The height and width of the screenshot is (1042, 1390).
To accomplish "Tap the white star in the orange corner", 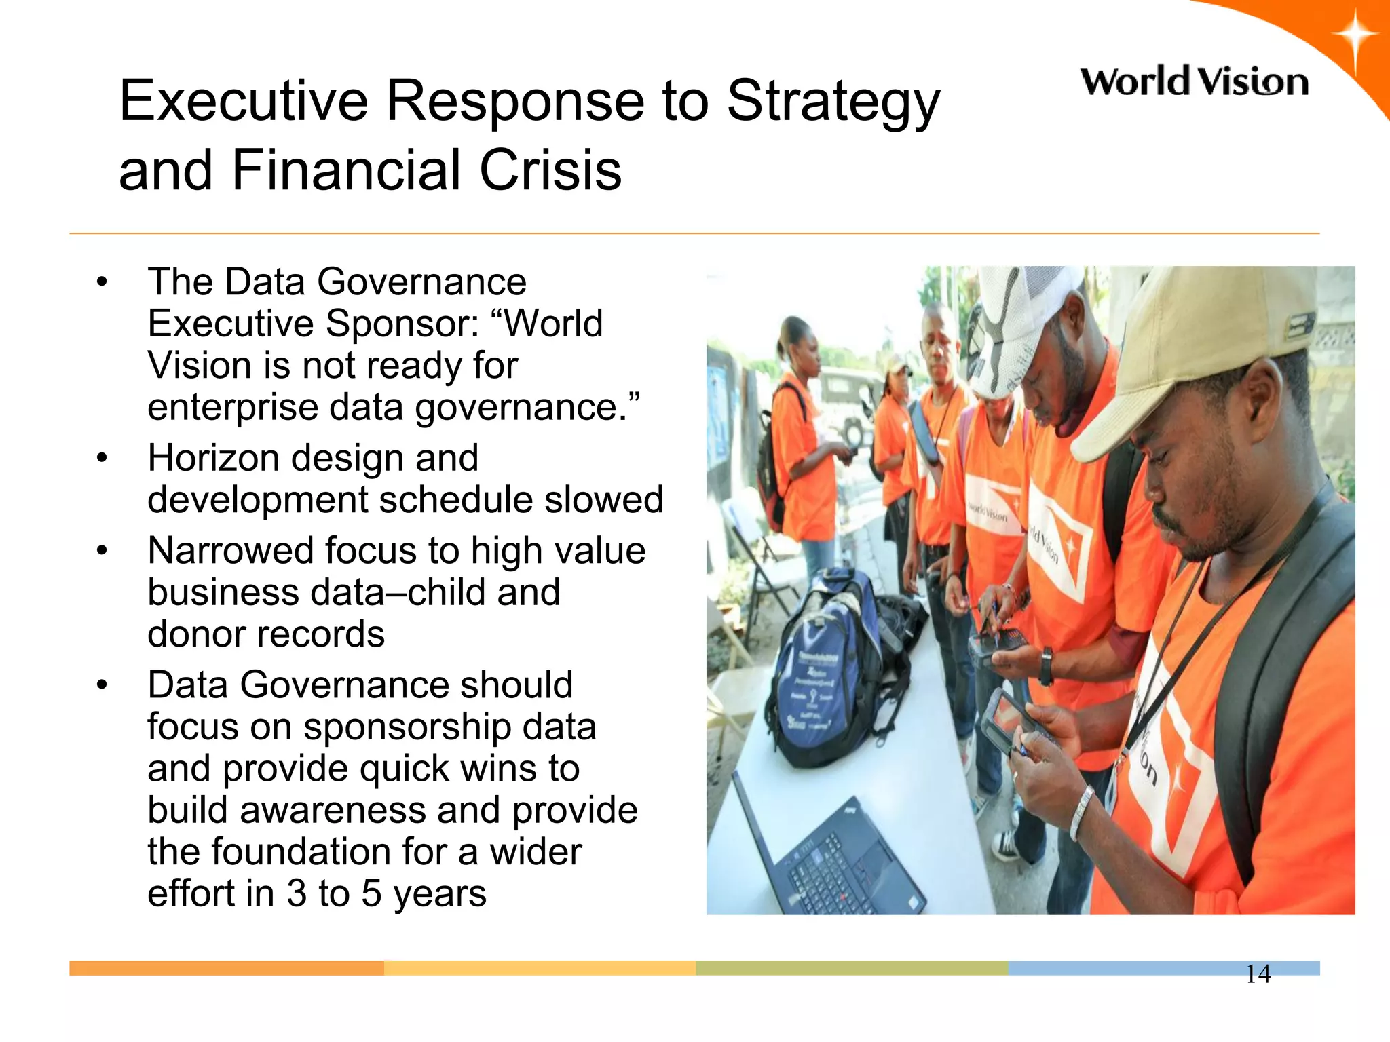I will click(1354, 37).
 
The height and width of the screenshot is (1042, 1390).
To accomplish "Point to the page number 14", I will click(1258, 974).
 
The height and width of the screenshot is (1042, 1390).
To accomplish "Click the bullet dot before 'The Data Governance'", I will click(102, 282).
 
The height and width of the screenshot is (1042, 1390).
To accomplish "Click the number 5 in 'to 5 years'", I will click(371, 893).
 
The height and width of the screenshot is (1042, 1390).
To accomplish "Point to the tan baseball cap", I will click(1195, 353).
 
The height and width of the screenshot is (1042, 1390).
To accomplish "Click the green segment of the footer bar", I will click(852, 968).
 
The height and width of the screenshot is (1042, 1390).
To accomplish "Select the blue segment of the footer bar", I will click(1127, 968).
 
